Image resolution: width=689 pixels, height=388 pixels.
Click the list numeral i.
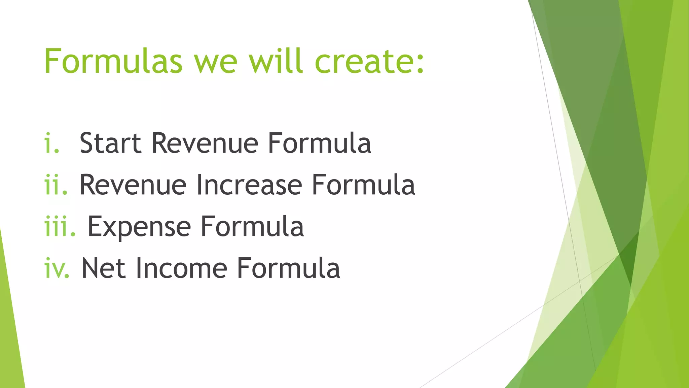pos(51,143)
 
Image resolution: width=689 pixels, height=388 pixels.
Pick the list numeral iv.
pos(57,268)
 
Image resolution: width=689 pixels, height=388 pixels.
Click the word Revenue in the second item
pos(133,185)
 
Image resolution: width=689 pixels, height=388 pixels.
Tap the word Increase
pos(249,185)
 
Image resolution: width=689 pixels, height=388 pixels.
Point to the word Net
pos(104,268)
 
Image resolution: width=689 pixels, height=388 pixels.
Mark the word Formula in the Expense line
pos(252,226)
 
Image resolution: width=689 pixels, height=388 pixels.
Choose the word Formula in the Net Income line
pos(288,268)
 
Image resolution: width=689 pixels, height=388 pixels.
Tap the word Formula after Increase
pos(363,185)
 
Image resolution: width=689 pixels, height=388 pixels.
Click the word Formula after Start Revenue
pos(319,143)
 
